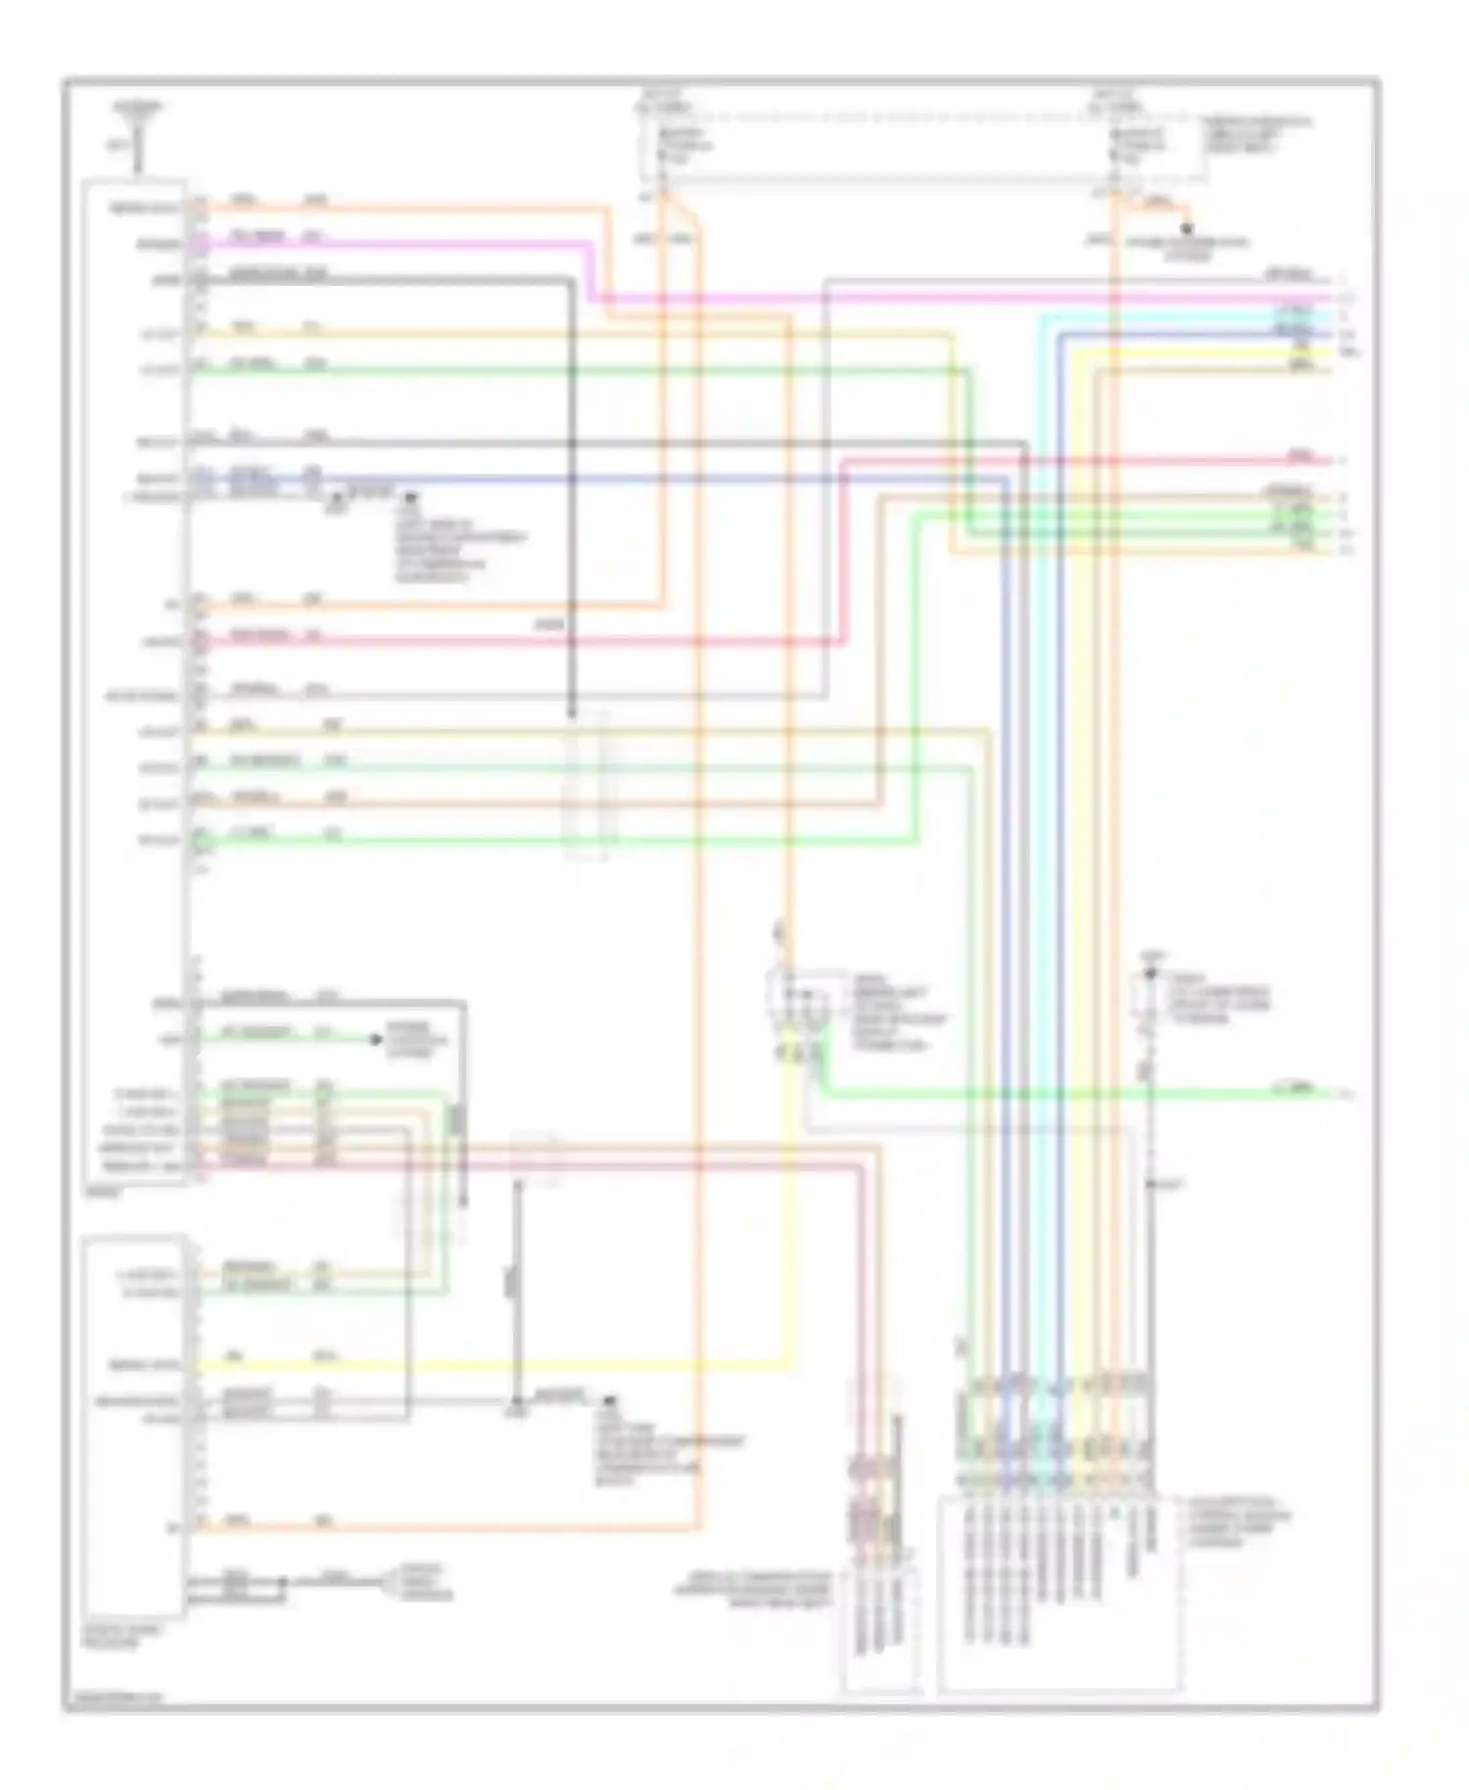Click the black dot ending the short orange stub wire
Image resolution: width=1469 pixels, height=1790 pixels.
pyautogui.click(x=1187, y=229)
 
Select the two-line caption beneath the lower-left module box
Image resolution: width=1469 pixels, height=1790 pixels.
pyautogui.click(x=112, y=1637)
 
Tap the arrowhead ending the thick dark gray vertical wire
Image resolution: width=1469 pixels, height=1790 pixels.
pyautogui.click(x=572, y=713)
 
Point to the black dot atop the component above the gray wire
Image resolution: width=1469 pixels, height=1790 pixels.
pyautogui.click(x=1152, y=974)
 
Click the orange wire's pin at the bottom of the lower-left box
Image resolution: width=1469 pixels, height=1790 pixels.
pyautogui.click(x=200, y=1523)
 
